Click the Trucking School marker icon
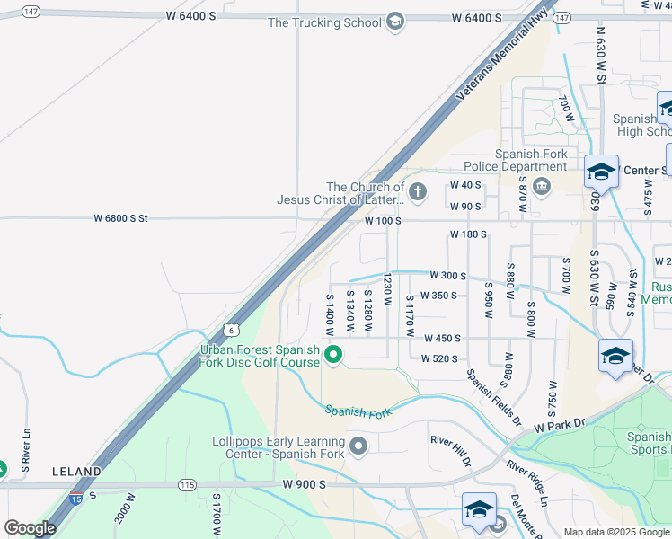pyautogui.click(x=395, y=22)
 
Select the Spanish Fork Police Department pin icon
pyautogui.click(x=542, y=186)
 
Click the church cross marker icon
pyautogui.click(x=417, y=191)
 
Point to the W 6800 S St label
pyautogui.click(x=121, y=218)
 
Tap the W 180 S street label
pyautogui.click(x=467, y=234)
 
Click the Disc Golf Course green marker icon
pyautogui.click(x=333, y=356)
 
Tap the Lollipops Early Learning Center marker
pyautogui.click(x=358, y=446)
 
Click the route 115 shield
pyautogui.click(x=187, y=485)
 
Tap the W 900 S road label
pyautogui.click(x=301, y=485)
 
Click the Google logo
pyautogui.click(x=30, y=527)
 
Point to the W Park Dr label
pyautogui.click(x=559, y=425)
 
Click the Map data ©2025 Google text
pyautogui.click(x=615, y=532)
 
